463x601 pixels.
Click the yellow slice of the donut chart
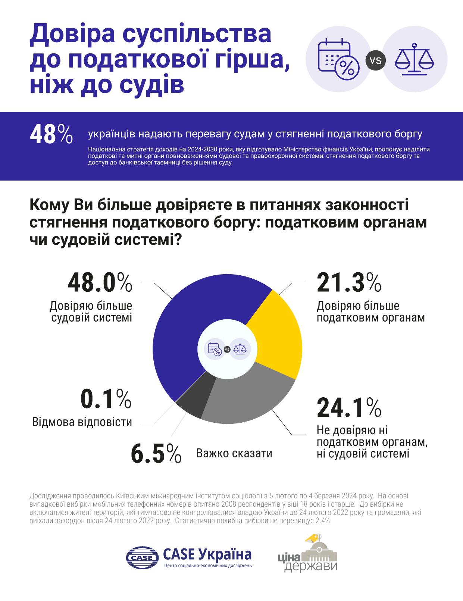coord(278,336)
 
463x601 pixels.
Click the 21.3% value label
coord(349,283)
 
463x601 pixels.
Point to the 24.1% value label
coord(349,407)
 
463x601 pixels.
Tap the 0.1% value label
coord(106,399)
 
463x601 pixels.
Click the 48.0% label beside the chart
coord(100,283)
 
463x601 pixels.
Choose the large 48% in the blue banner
coord(51,134)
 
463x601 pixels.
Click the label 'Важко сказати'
coord(234,454)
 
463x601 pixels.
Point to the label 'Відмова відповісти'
coord(82,422)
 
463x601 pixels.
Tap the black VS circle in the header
coord(376,60)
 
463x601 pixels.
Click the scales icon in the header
coord(414,59)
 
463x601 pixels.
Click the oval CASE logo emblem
coord(142,558)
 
